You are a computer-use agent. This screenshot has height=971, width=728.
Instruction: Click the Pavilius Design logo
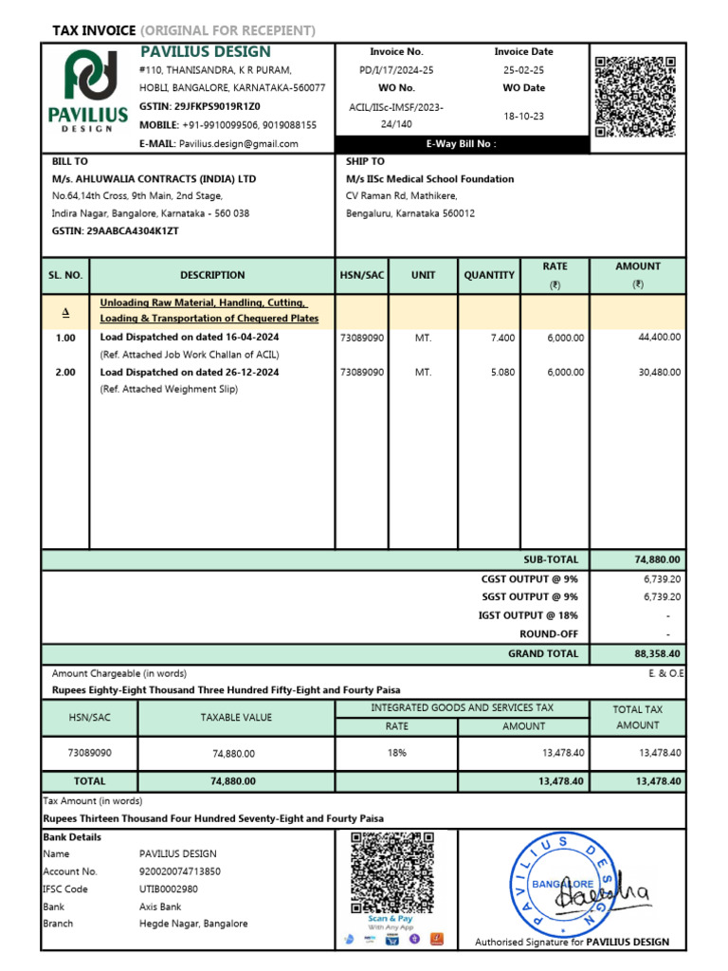coord(88,90)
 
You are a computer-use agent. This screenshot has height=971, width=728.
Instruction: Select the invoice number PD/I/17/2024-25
coord(396,70)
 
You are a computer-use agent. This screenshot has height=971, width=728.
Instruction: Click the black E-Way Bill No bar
coord(461,144)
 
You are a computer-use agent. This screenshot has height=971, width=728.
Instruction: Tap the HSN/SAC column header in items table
coord(362,275)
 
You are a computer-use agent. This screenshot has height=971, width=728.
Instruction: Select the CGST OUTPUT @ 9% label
coord(529,578)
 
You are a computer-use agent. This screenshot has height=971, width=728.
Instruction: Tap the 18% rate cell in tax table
coord(396,753)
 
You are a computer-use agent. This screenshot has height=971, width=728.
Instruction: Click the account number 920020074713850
coord(179,871)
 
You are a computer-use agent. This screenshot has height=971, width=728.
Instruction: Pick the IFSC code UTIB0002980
coord(169,889)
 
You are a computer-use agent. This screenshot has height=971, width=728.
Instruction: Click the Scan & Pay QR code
coord(391,871)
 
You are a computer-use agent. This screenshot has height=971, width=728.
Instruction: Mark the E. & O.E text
coord(663,672)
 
